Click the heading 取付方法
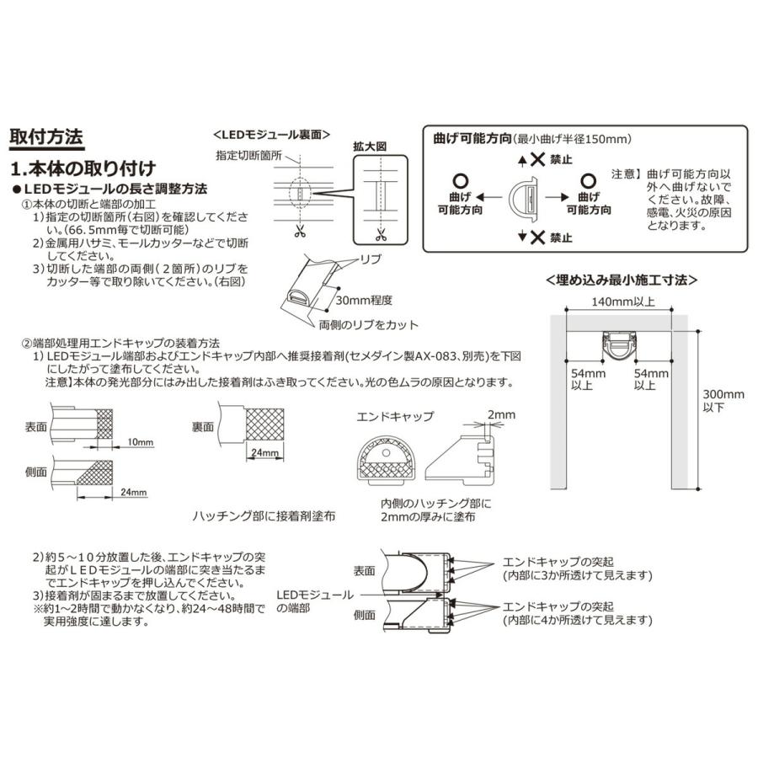tap(45, 137)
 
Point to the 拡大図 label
tap(369, 146)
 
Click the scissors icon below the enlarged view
tap(380, 233)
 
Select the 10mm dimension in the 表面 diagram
tap(141, 441)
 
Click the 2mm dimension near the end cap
tap(504, 414)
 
